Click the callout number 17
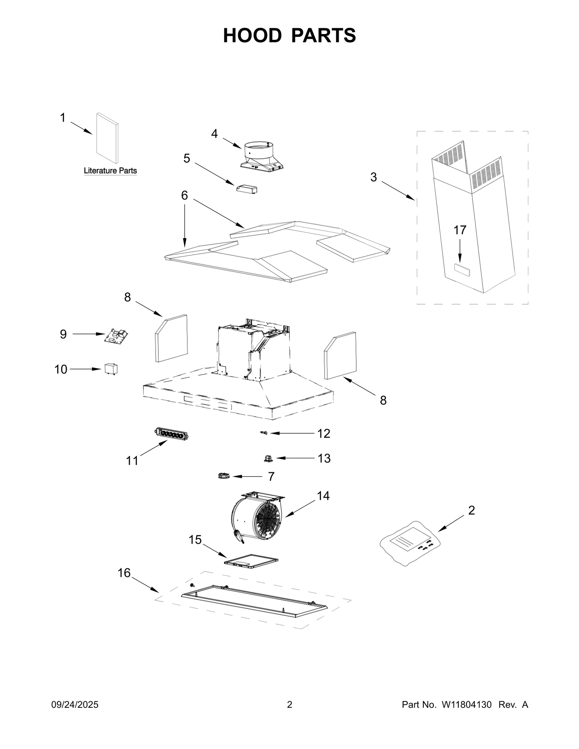tap(460, 230)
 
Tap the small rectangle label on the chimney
tap(462, 270)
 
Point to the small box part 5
tap(246, 189)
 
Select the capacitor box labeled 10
tap(111, 369)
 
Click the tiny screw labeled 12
tap(264, 433)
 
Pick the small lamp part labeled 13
tap(268, 459)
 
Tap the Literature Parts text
tap(110, 171)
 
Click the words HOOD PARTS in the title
tap(289, 35)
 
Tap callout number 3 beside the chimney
tap(373, 177)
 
